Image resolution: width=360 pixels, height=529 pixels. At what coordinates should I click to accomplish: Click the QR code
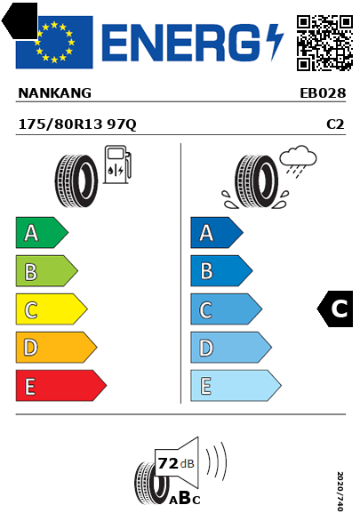(x=324, y=43)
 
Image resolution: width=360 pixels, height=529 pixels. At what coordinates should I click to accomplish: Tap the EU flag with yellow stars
(x=54, y=42)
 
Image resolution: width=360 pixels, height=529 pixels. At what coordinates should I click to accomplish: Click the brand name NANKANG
(x=54, y=93)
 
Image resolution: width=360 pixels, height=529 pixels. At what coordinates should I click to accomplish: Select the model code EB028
(x=323, y=93)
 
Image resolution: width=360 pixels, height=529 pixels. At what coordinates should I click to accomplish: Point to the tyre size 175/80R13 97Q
(x=77, y=124)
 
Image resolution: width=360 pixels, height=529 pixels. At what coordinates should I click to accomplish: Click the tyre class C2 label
(x=335, y=124)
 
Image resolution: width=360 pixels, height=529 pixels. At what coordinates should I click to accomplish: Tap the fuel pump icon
(x=117, y=164)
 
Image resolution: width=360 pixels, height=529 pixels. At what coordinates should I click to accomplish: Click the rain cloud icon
(x=298, y=161)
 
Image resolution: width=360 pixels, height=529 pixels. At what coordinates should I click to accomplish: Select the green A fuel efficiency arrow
(x=42, y=232)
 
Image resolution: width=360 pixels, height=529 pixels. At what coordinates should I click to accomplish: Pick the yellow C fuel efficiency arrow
(x=52, y=309)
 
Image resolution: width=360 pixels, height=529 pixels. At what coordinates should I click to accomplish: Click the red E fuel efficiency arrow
(x=60, y=386)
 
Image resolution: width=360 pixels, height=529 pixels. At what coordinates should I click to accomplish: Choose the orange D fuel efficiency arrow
(x=56, y=347)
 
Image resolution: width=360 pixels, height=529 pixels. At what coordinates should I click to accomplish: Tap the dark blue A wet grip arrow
(x=217, y=232)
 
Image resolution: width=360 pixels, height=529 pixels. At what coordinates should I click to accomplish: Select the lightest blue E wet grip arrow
(x=236, y=386)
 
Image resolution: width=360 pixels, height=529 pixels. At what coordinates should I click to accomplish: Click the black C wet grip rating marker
(x=335, y=309)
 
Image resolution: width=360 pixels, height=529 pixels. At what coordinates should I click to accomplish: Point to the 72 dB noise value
(x=176, y=463)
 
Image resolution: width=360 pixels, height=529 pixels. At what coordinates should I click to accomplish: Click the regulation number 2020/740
(x=340, y=492)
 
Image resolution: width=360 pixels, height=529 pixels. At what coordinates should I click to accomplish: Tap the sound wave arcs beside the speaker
(x=216, y=461)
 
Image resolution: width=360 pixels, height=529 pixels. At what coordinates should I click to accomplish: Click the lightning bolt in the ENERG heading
(x=275, y=42)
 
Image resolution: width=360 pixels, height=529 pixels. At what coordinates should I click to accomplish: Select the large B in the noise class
(x=185, y=497)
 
